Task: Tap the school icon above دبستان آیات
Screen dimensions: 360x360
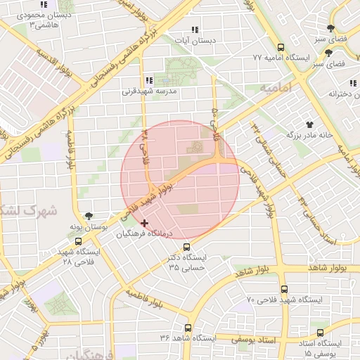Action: click(195, 30)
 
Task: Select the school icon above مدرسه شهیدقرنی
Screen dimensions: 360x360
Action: click(148, 80)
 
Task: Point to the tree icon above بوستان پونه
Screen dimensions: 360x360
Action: click(89, 216)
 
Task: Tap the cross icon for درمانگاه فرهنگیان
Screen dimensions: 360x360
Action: click(145, 223)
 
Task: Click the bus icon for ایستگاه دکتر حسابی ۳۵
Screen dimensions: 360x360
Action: click(186, 247)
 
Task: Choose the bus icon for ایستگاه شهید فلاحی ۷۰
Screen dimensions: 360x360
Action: click(284, 289)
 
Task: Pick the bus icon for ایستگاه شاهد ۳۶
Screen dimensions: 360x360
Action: click(188, 328)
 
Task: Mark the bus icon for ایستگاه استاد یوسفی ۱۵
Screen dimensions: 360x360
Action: click(321, 333)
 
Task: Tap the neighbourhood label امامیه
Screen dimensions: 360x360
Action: click(274, 88)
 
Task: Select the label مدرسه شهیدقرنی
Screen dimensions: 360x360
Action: click(153, 91)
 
